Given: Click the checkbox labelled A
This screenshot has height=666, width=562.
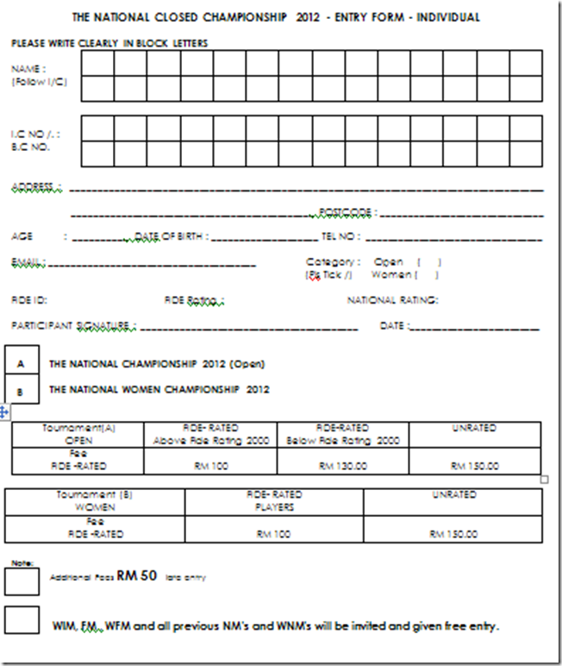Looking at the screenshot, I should [21, 363].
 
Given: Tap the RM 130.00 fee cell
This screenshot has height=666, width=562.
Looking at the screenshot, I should [343, 466].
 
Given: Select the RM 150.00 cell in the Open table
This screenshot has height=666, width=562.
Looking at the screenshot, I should [475, 466].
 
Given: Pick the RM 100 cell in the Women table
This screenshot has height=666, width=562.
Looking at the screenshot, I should [274, 534].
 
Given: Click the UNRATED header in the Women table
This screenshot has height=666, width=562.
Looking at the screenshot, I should [453, 495].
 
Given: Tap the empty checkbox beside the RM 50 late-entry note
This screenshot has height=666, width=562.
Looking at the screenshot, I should [22, 581].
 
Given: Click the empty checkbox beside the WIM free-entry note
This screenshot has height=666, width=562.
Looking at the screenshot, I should [22, 620].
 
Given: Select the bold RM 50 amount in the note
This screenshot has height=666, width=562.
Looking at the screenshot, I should [137, 575].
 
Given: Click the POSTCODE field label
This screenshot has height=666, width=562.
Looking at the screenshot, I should [346, 211].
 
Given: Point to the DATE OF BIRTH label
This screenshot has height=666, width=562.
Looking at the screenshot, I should [170, 236].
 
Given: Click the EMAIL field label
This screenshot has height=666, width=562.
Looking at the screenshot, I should [28, 261].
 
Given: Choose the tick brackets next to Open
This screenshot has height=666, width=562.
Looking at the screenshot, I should [428, 261].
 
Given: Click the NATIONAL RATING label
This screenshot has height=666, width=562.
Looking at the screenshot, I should [392, 300].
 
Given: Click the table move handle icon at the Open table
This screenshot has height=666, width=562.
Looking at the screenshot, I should [4, 413].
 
